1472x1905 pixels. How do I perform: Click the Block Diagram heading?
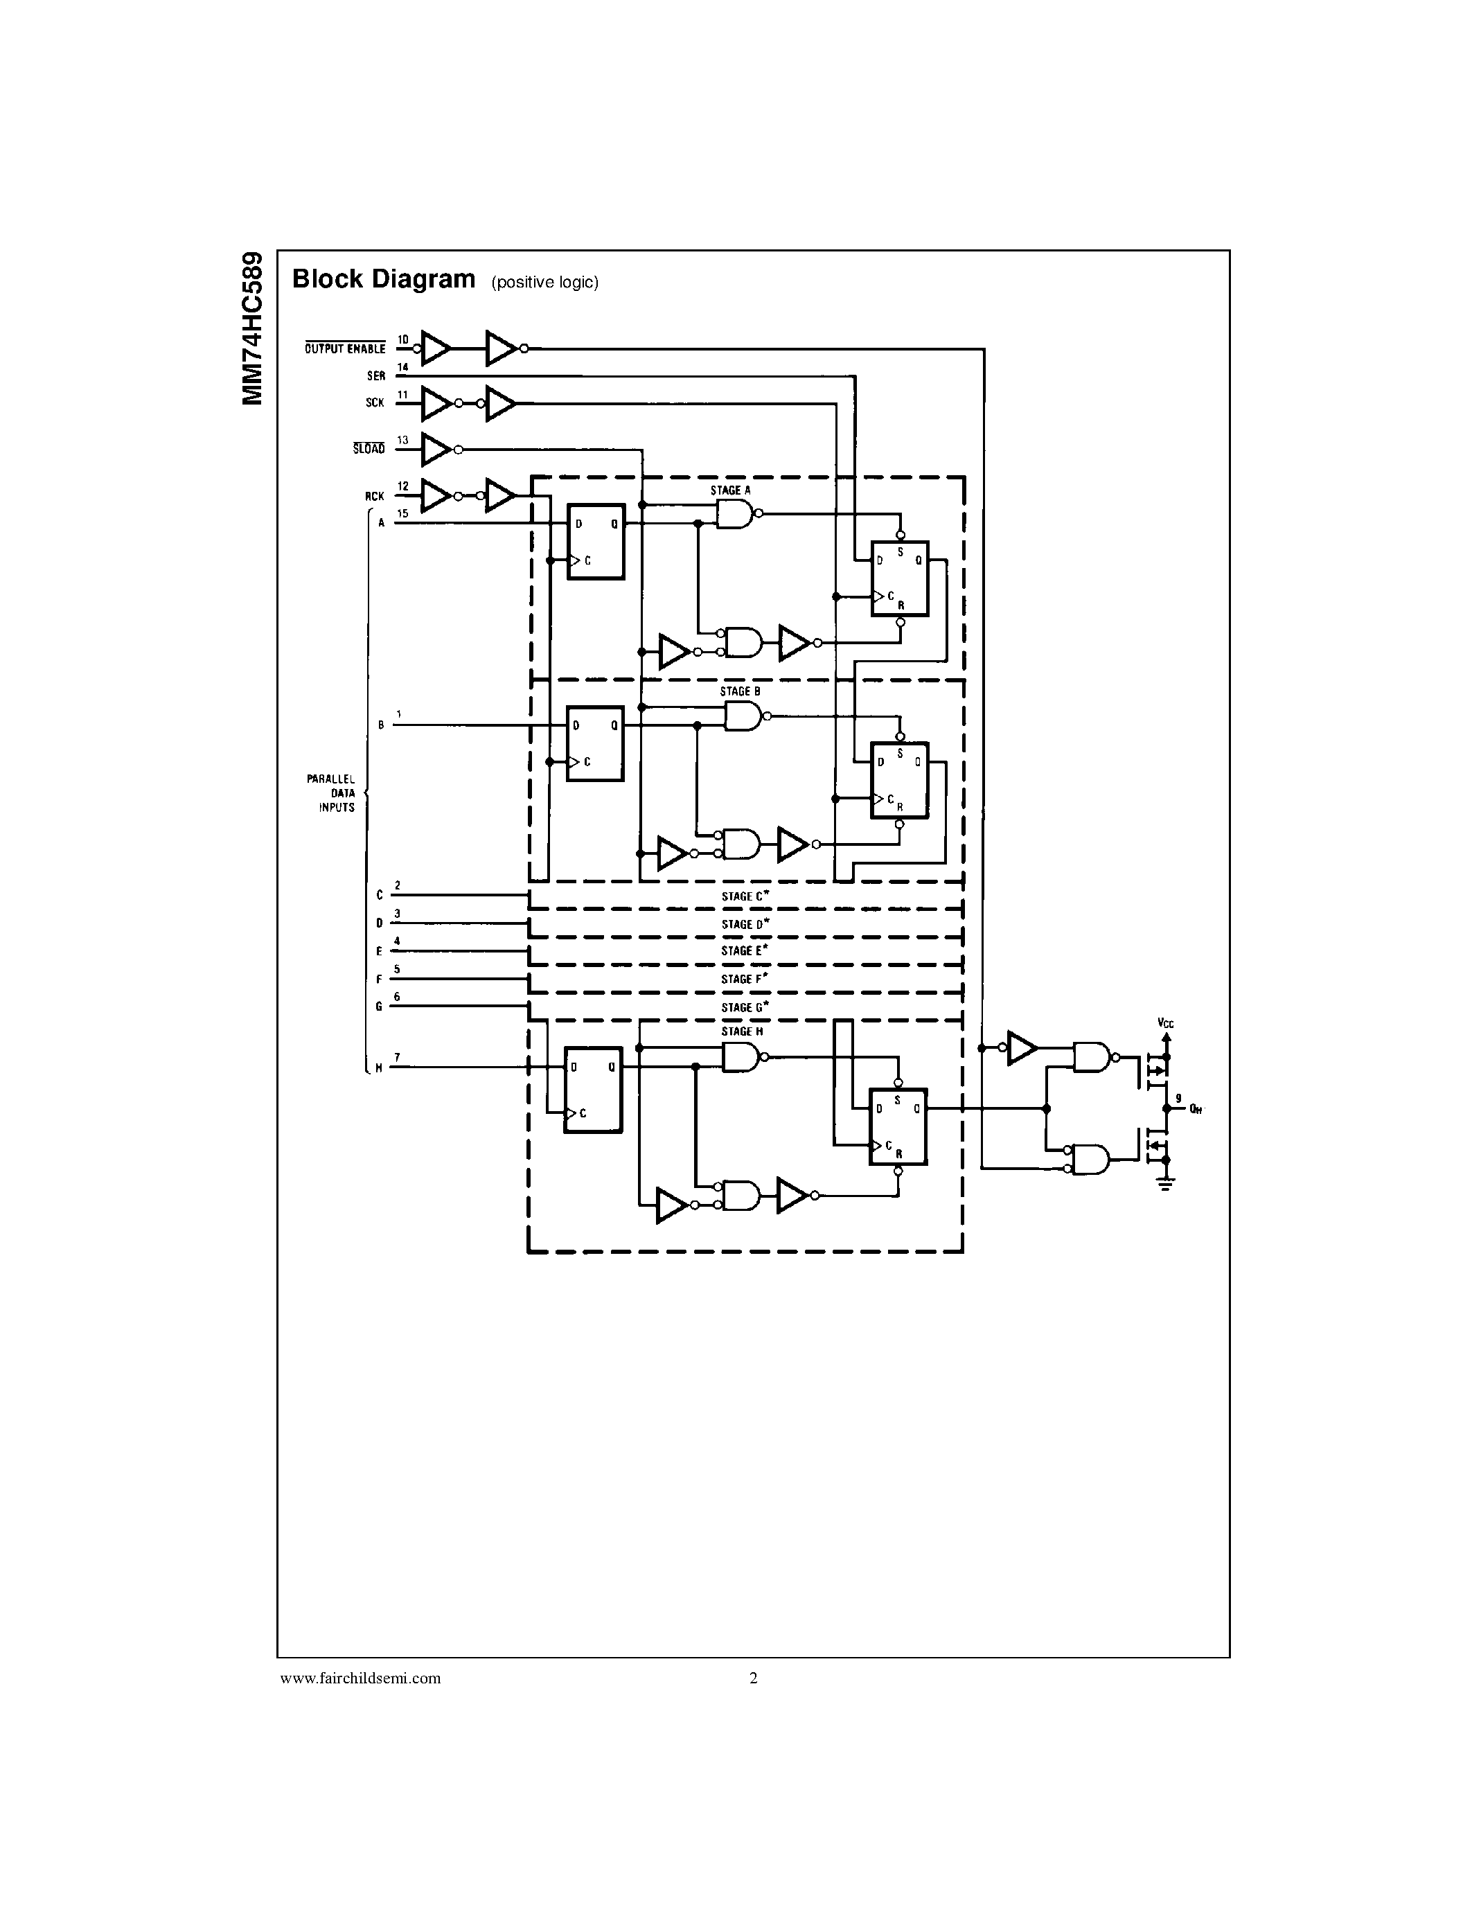pos(384,279)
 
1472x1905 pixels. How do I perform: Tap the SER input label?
pos(376,376)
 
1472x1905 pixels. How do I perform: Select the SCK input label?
pos(375,403)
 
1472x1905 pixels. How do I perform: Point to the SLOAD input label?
pos(369,449)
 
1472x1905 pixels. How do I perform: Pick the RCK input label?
pos(374,496)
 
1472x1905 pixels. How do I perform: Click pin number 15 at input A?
pos(402,514)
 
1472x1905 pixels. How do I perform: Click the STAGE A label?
pos(730,490)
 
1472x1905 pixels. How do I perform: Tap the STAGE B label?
pos(740,691)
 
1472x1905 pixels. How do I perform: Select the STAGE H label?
pos(741,1031)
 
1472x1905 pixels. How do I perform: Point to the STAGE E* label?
pos(744,950)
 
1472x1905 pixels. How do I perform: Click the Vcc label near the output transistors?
pos(1165,1023)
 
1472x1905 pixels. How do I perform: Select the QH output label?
pos(1196,1110)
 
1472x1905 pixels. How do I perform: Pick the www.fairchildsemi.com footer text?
pos(360,1677)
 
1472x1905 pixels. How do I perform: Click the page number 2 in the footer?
pos(754,1677)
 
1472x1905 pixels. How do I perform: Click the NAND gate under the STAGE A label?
pos(734,514)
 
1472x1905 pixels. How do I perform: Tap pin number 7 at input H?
pos(397,1057)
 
